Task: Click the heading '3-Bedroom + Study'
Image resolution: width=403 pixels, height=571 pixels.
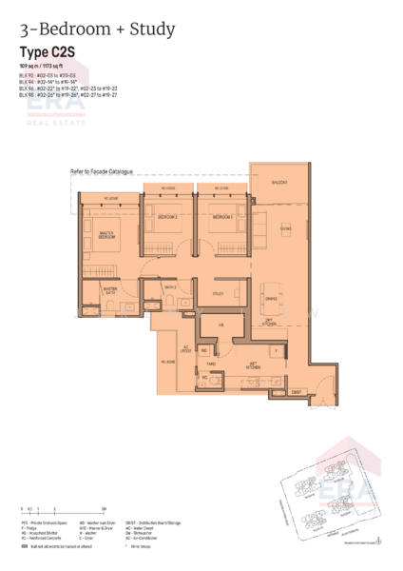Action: [x=97, y=30]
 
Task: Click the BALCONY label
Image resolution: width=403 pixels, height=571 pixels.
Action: [x=278, y=182]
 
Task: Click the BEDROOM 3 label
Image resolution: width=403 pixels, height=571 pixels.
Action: [x=222, y=218]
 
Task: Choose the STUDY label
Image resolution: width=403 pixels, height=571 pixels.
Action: [x=218, y=294]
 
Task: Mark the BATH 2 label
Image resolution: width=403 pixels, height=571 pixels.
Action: [x=171, y=286]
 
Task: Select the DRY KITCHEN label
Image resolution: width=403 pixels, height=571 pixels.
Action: [x=270, y=321]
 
